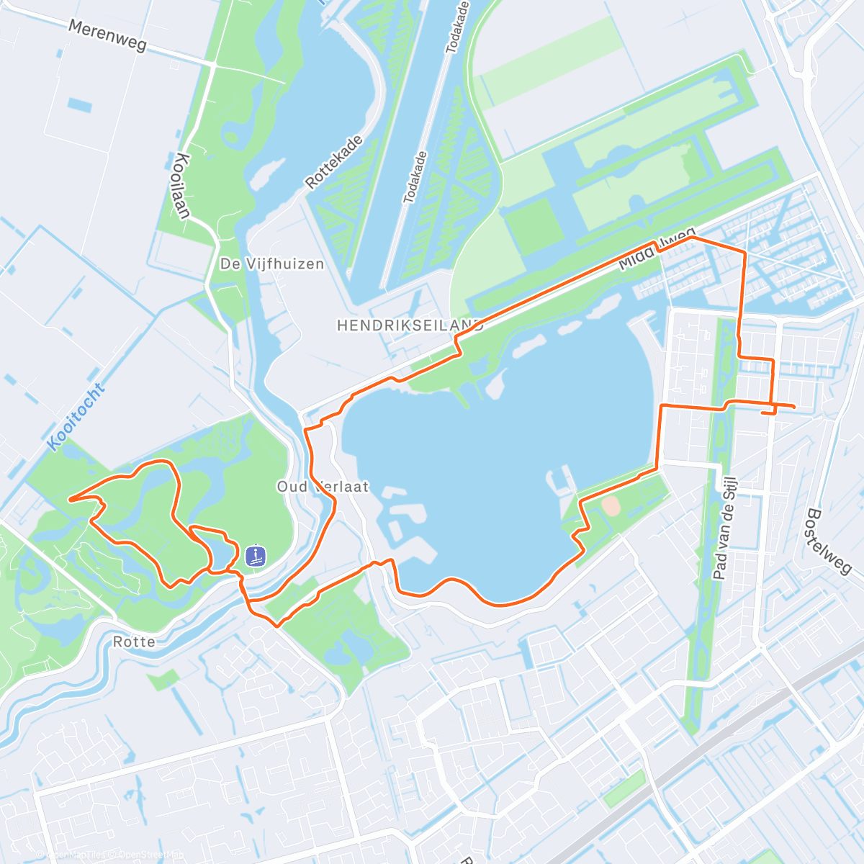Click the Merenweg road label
tap(107, 35)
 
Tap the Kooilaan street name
tap(182, 186)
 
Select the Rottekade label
tap(335, 163)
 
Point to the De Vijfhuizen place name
tap(272, 264)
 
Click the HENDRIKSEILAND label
tap(410, 326)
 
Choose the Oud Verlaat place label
tap(323, 487)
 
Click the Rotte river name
tap(134, 641)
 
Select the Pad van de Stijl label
tap(721, 532)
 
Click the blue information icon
tap(256, 556)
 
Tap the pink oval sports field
tap(611, 506)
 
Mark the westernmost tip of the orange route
tap(70, 498)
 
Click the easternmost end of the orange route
tap(793, 408)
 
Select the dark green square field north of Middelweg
tap(534, 225)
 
